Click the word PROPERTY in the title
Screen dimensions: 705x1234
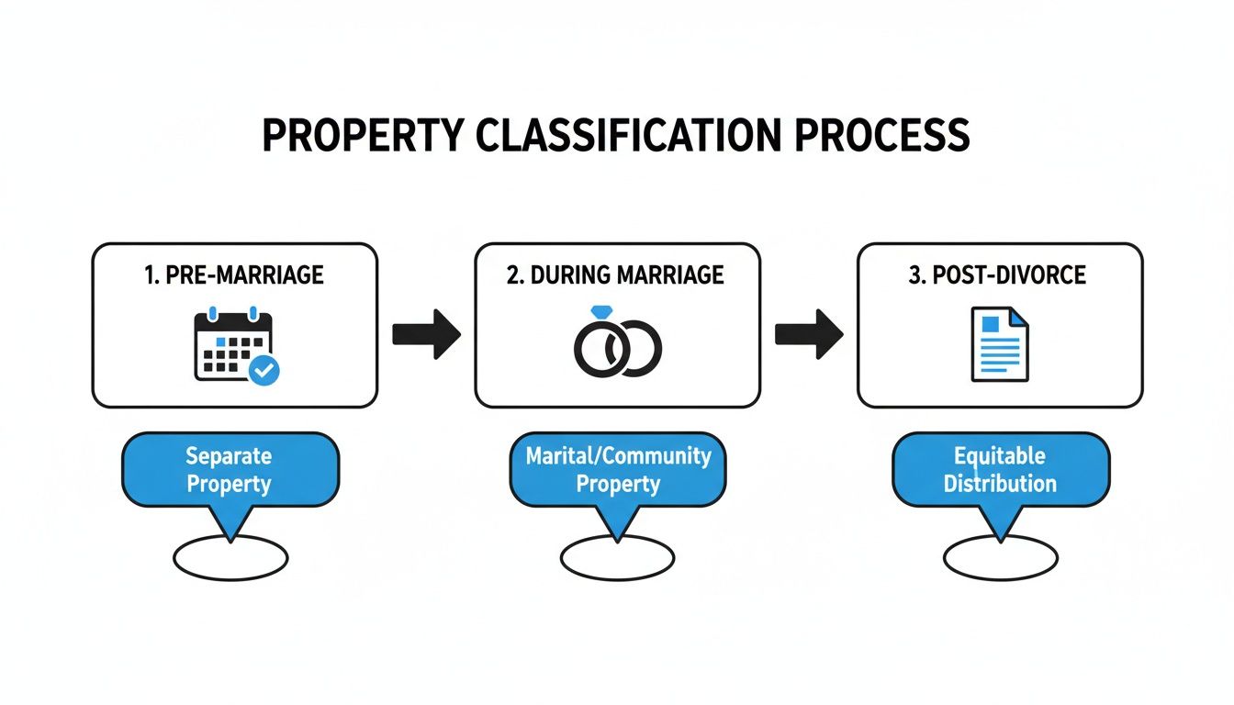[366, 136]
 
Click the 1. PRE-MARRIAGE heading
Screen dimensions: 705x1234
[235, 275]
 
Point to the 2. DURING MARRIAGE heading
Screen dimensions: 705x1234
[615, 275]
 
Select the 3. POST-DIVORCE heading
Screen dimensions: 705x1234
[1000, 275]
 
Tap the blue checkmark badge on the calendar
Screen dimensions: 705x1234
[265, 370]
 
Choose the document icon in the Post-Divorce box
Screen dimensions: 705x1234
[1000, 344]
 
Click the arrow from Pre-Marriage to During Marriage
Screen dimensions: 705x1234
[426, 333]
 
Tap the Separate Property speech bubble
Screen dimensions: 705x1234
[230, 469]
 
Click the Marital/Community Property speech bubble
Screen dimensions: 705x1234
[617, 469]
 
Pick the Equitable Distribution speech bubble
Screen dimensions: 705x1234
[1000, 469]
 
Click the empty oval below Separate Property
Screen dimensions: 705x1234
[230, 557]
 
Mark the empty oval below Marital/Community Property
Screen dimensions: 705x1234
[617, 557]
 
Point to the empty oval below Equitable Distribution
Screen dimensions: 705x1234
[1000, 557]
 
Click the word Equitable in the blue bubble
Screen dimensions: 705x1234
[1000, 455]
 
